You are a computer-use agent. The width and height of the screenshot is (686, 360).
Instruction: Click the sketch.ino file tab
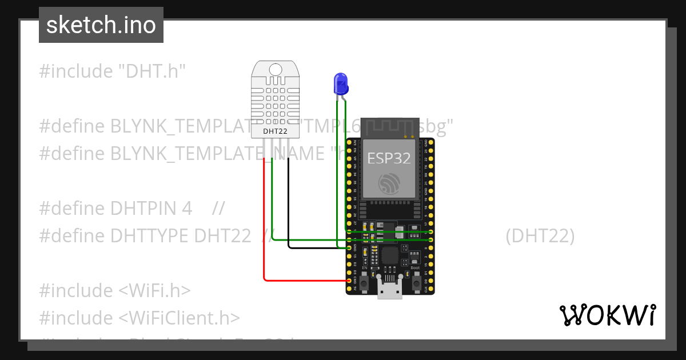(101, 25)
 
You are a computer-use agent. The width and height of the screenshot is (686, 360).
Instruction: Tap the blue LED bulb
(341, 84)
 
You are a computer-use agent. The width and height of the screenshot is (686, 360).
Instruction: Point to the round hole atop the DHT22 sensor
(276, 70)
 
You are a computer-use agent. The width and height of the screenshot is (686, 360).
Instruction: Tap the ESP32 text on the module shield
(389, 158)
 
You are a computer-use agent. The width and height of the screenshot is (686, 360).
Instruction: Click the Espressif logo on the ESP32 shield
(389, 183)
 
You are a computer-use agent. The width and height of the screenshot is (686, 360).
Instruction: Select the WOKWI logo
(607, 315)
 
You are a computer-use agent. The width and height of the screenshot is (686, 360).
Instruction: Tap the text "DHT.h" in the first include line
(152, 71)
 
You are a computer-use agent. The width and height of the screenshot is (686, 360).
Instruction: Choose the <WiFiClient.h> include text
(180, 318)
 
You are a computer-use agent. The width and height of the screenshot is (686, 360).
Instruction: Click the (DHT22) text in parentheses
(540, 235)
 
